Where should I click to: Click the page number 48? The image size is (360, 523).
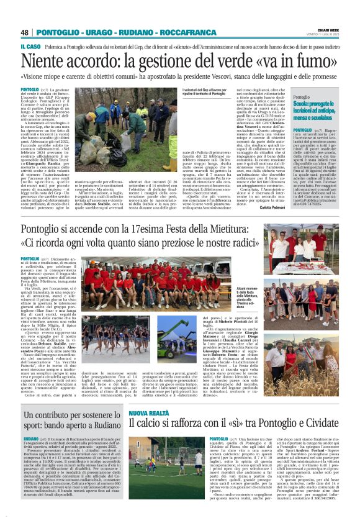click(x=25, y=32)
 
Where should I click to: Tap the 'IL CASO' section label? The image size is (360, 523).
click(x=30, y=47)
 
